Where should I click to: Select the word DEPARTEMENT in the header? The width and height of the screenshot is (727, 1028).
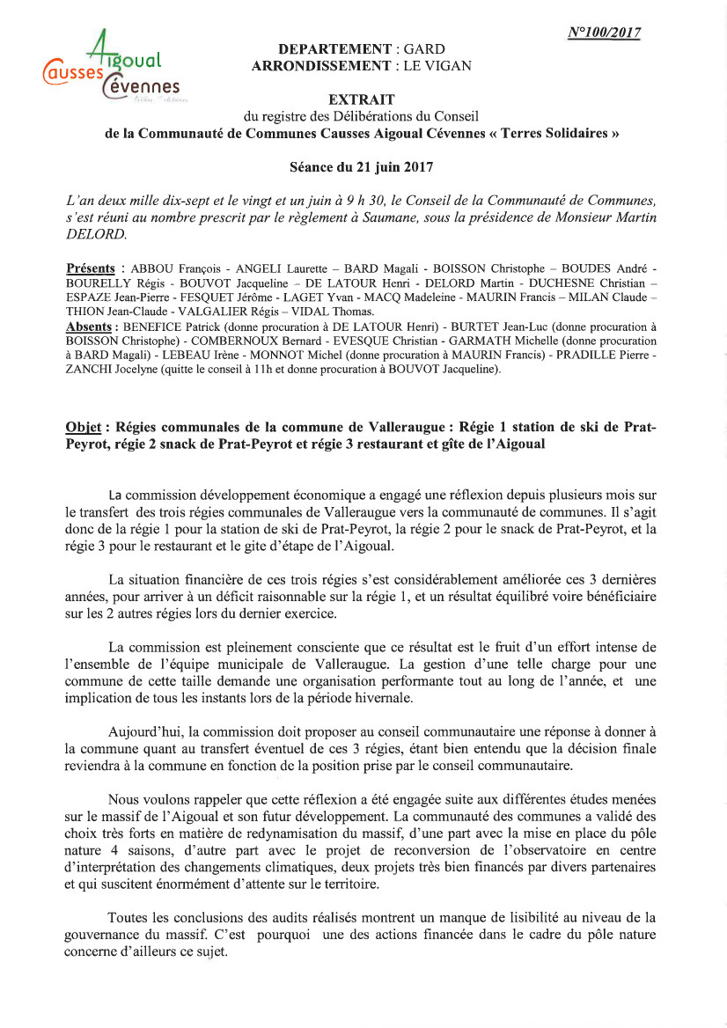tap(334, 49)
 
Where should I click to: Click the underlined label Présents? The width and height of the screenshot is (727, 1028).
tap(91, 268)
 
